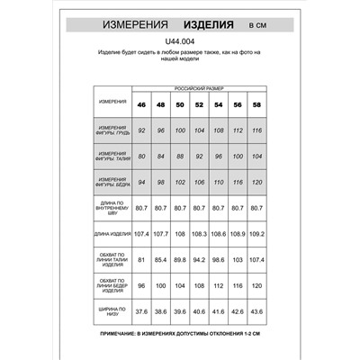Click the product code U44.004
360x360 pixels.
click(180, 40)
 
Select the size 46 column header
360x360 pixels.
click(141, 103)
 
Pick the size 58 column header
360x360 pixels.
click(256, 103)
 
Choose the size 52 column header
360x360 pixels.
click(199, 103)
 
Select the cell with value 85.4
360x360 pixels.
click(160, 261)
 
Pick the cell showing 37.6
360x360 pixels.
click(141, 313)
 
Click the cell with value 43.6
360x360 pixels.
click(256, 313)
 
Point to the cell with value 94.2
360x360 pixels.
click(199, 261)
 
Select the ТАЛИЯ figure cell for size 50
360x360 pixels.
click(179, 157)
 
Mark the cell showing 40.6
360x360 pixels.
click(199, 313)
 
